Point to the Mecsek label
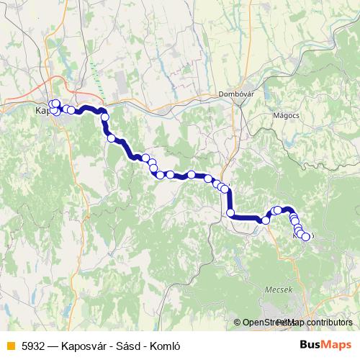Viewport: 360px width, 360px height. [x=280, y=290]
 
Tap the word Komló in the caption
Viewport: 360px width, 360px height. [x=164, y=346]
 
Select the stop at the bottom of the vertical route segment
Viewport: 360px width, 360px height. [x=230, y=213]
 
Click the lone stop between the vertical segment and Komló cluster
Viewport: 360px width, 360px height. [x=266, y=220]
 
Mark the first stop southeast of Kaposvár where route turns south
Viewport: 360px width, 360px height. [x=104, y=117]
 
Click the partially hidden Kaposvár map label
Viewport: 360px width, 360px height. [x=42, y=111]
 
